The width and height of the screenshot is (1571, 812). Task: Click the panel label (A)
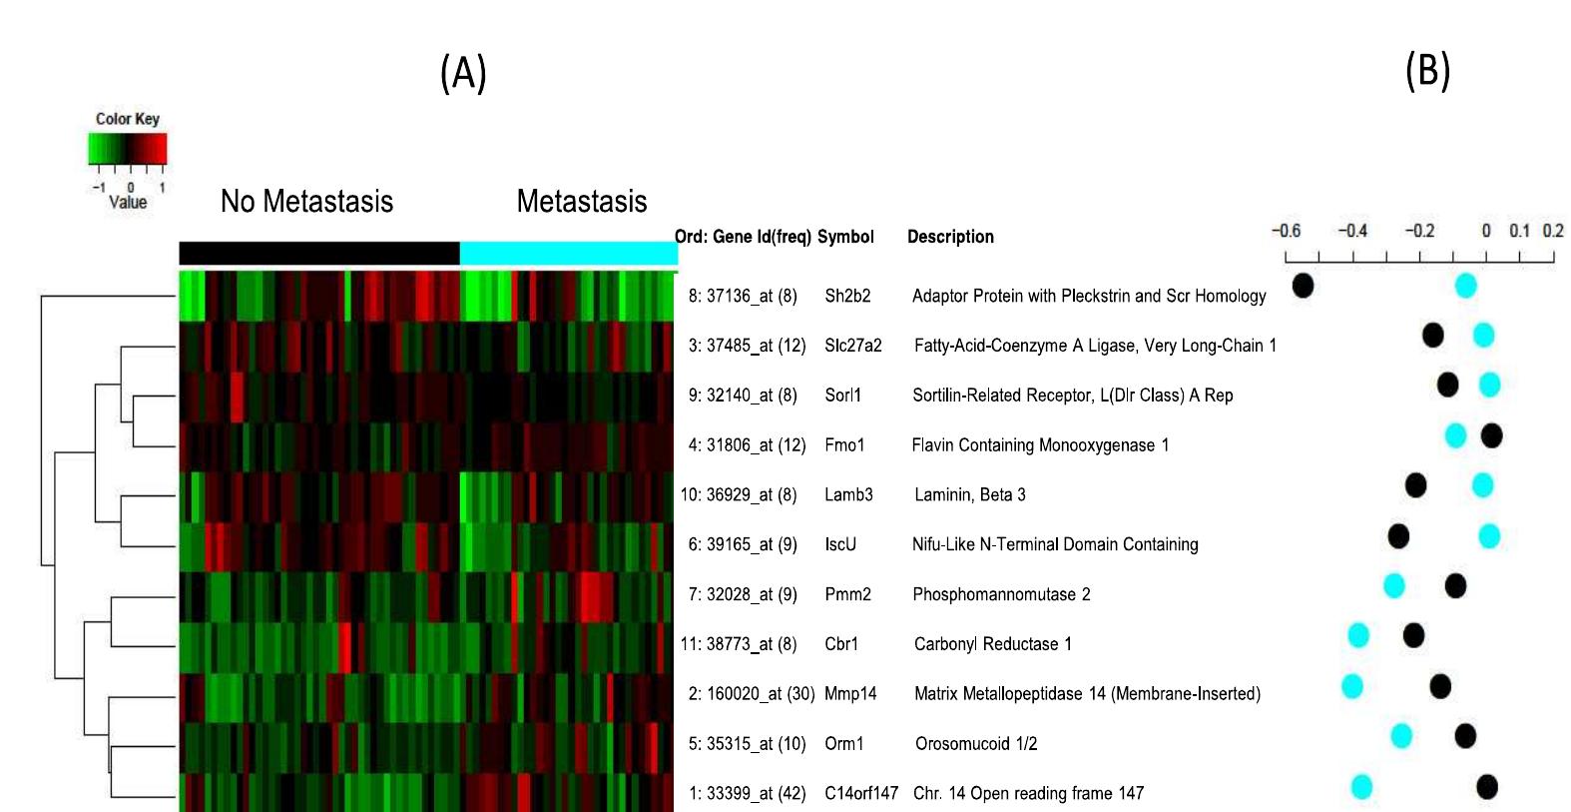click(x=463, y=74)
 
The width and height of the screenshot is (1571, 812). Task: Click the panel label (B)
click(x=1428, y=72)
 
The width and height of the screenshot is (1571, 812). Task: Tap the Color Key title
click(x=128, y=119)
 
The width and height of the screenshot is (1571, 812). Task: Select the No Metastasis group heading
click(x=306, y=202)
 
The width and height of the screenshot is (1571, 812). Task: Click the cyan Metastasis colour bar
click(x=569, y=253)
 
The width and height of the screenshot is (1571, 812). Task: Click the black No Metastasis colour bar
click(x=319, y=253)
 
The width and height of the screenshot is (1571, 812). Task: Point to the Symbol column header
click(x=845, y=238)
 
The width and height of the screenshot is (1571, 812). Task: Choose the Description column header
click(x=950, y=237)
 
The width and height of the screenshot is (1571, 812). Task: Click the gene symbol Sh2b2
click(x=847, y=297)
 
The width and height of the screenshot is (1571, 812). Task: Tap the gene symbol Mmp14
click(x=850, y=694)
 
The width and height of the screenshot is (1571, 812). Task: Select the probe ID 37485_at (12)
click(x=756, y=346)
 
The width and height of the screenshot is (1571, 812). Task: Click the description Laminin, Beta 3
click(x=970, y=494)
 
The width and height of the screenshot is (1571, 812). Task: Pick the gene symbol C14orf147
click(x=861, y=794)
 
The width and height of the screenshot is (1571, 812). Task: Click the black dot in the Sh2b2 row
click(x=1303, y=286)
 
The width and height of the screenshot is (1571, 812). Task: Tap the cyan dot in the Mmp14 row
click(x=1352, y=686)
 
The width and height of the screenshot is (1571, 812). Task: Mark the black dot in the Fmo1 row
click(x=1492, y=435)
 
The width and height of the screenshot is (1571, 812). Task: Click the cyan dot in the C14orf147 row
click(x=1361, y=787)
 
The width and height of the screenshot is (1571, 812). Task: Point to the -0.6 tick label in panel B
click(x=1287, y=231)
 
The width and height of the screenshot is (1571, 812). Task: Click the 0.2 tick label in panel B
click(x=1553, y=231)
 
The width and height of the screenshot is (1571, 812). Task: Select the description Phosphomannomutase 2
click(x=1001, y=594)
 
